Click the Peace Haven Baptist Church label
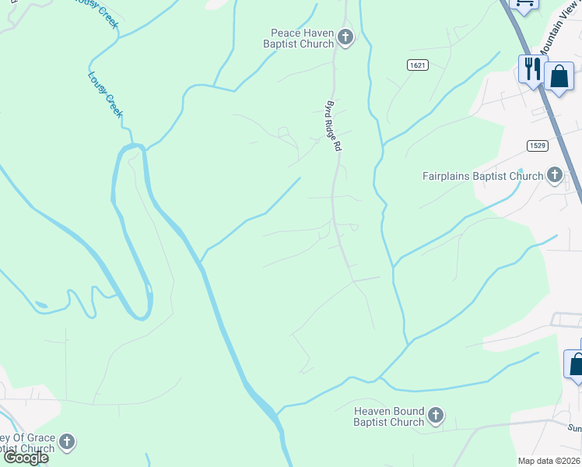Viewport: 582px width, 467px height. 302,37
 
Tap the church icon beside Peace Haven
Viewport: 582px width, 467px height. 345,37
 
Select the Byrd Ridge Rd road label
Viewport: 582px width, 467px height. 334,125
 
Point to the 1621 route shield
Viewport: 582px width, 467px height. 417,65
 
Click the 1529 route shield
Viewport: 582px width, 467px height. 536,146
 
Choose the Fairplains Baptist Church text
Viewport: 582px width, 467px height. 482,176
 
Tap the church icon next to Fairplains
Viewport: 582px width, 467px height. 555,175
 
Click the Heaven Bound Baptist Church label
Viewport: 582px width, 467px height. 388,416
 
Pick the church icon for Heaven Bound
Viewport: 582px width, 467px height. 436,416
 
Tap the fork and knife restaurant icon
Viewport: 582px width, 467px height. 532,68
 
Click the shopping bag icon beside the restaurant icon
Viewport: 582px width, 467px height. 559,77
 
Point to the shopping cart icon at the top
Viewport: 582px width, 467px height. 524,4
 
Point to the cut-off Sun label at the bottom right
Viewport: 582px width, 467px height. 574,427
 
